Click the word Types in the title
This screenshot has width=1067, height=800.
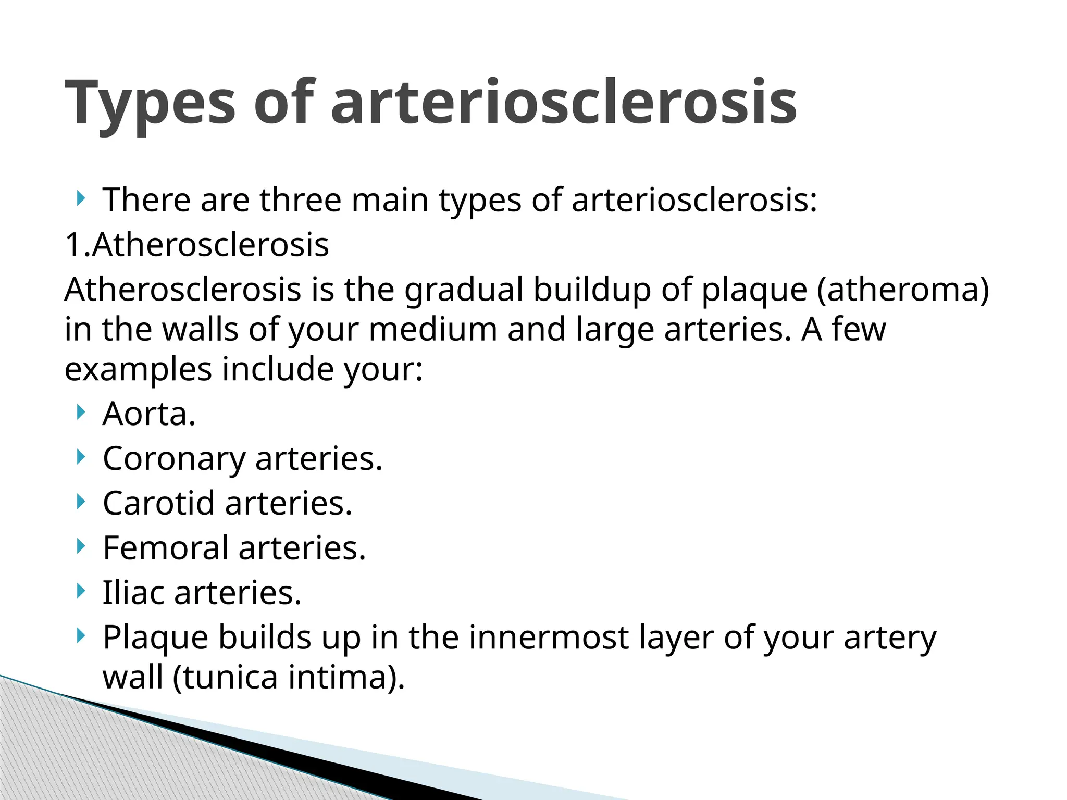tap(151, 103)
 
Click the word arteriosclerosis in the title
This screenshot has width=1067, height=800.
tap(564, 103)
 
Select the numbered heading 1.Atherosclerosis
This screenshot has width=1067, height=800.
tap(197, 245)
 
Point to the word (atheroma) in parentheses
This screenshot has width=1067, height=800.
tap(903, 290)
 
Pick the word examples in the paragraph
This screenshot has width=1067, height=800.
tap(138, 369)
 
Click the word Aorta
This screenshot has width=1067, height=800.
tap(149, 414)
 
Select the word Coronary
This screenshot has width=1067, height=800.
tap(174, 459)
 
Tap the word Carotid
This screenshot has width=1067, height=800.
tap(159, 504)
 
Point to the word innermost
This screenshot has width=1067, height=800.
tap(549, 637)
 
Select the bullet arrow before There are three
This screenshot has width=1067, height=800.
tap(79, 198)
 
